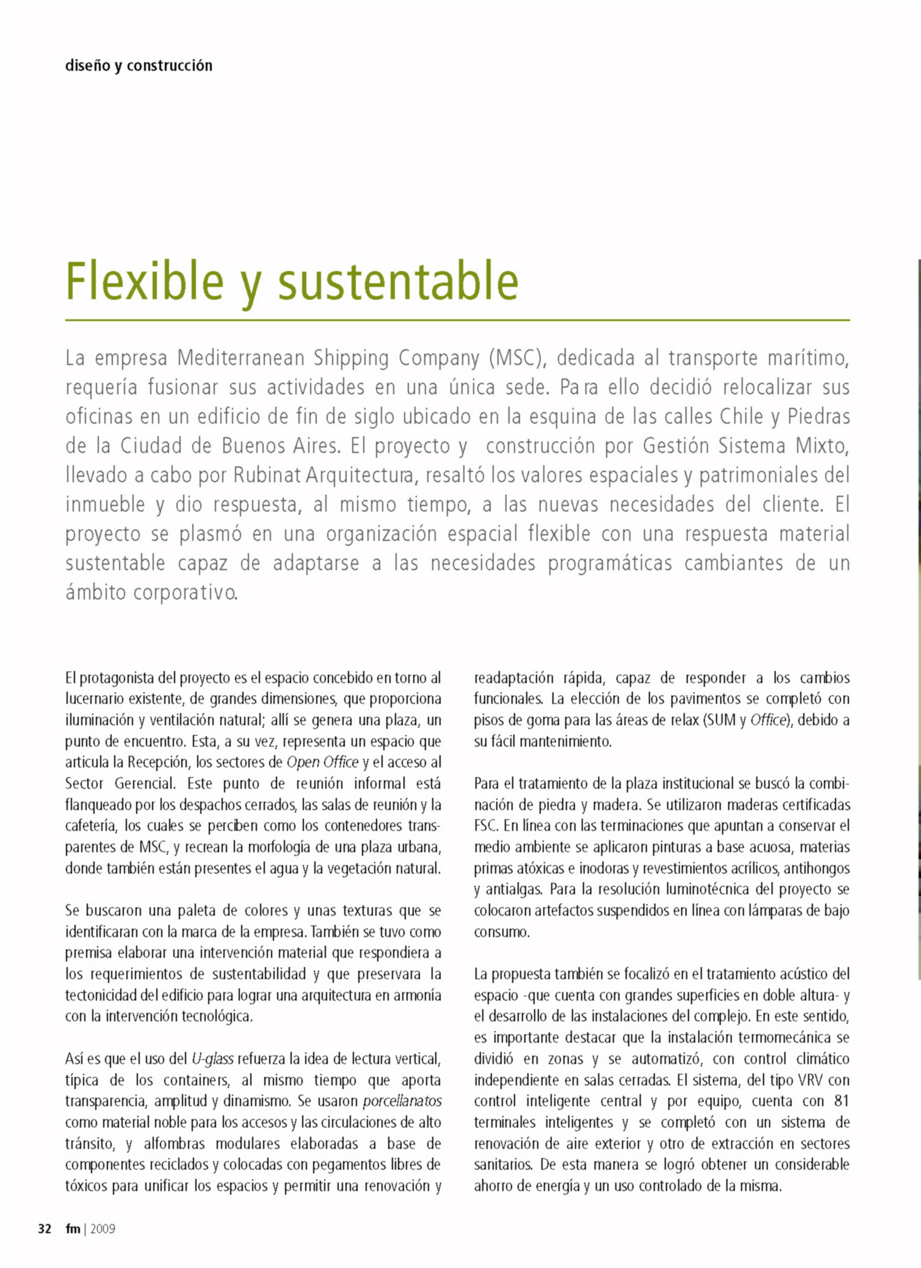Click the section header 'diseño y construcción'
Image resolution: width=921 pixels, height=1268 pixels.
(139, 65)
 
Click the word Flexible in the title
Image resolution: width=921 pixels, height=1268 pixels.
(145, 281)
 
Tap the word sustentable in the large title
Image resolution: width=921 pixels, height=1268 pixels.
(398, 281)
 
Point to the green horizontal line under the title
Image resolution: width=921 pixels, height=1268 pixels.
(457, 320)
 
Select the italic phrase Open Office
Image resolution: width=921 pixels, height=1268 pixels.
(322, 763)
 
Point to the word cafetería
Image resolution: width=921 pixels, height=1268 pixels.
(92, 826)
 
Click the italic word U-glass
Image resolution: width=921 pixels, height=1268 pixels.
(212, 1059)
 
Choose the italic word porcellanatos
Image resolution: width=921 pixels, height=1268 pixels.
(402, 1101)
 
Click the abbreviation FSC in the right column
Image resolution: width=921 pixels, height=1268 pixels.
(486, 826)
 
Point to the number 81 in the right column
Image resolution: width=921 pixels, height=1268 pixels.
(842, 1101)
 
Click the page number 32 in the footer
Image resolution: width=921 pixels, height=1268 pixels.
(45, 1229)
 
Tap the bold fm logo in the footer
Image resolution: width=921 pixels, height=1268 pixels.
(73, 1229)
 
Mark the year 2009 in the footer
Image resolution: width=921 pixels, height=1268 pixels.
(103, 1229)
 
